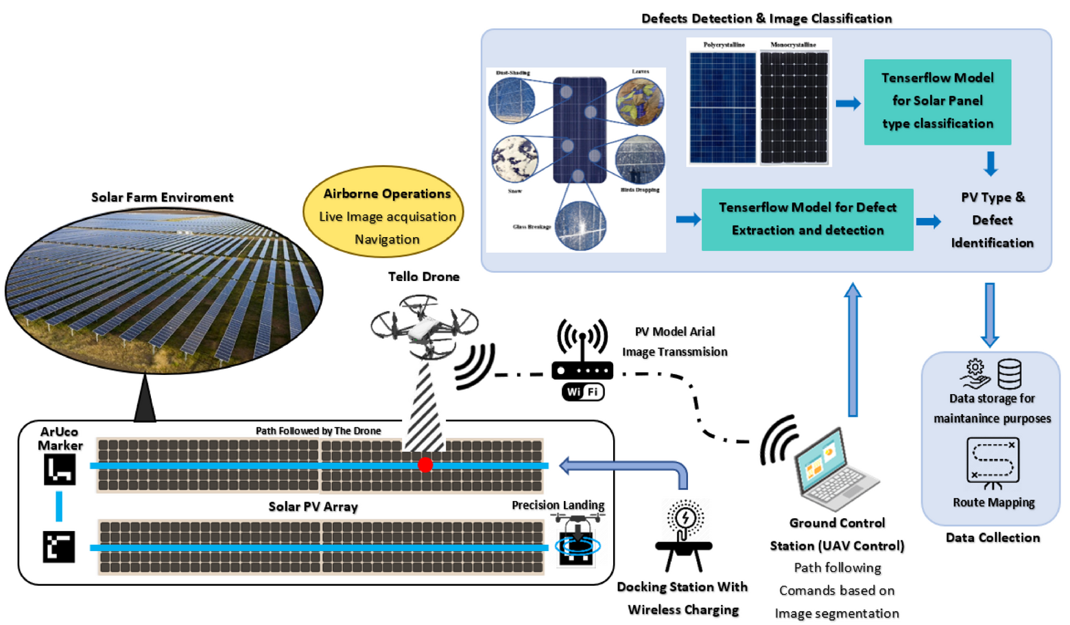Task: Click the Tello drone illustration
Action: (x=424, y=325)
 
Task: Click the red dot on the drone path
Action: (x=425, y=465)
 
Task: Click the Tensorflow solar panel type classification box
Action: (x=937, y=101)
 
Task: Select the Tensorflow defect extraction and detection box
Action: (x=807, y=219)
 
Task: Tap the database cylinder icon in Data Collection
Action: (x=1009, y=374)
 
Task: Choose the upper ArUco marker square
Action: (x=60, y=469)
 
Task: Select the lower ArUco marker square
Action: (x=59, y=547)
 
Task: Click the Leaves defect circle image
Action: (x=639, y=102)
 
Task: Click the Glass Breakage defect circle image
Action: (x=580, y=225)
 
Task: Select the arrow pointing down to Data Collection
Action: (x=989, y=314)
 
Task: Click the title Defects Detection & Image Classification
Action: (x=766, y=19)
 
